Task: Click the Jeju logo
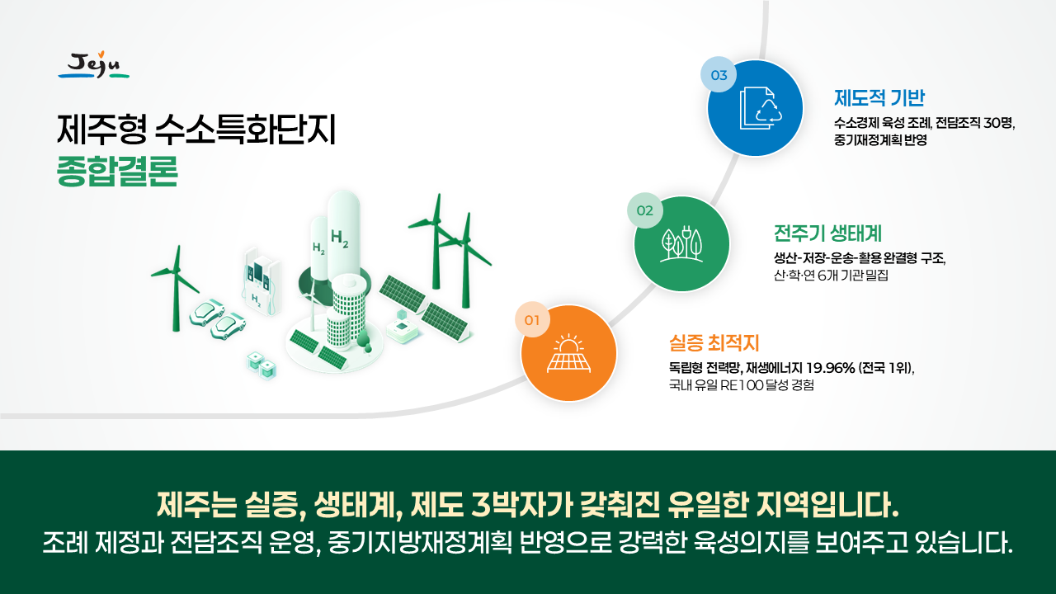tap(94, 65)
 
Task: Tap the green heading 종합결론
tap(117, 171)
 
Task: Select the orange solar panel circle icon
tap(568, 353)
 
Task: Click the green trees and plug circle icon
tap(681, 243)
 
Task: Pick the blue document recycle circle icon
tap(755, 108)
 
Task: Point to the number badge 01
tap(532, 320)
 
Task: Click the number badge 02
tap(645, 210)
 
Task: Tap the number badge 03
tap(719, 75)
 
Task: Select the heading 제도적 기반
tap(879, 98)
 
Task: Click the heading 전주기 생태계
tap(827, 233)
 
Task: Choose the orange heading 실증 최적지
tap(714, 342)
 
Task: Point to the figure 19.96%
tap(830, 368)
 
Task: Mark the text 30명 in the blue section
tap(998, 123)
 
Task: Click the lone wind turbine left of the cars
tap(176, 289)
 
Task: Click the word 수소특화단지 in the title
tap(245, 130)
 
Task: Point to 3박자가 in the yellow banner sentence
tap(521, 505)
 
